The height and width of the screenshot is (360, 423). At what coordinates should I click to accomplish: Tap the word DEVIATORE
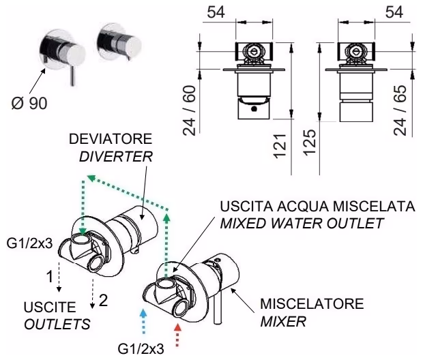(x=106, y=139)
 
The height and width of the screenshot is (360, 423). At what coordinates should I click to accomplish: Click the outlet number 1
(x=48, y=278)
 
